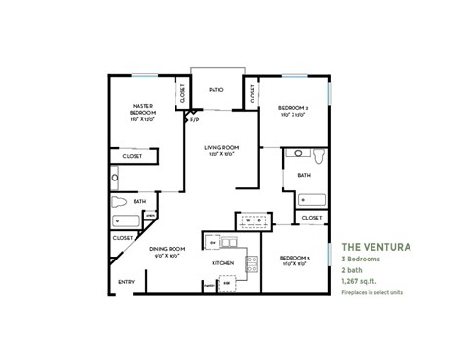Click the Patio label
pyautogui.click(x=216, y=90)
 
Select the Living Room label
pyautogui.click(x=221, y=150)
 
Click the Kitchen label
pyautogui.click(x=223, y=263)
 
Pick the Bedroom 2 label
pyautogui.click(x=292, y=110)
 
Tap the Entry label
pyautogui.click(x=126, y=283)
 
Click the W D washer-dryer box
pyautogui.click(x=252, y=222)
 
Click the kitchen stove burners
pyautogui.click(x=251, y=262)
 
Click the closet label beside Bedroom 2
pyautogui.click(x=253, y=95)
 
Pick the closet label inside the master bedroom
pyautogui.click(x=132, y=156)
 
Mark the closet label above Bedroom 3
pyautogui.click(x=311, y=218)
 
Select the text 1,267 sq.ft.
pyautogui.click(x=359, y=281)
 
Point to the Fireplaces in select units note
pyautogui.click(x=372, y=292)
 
